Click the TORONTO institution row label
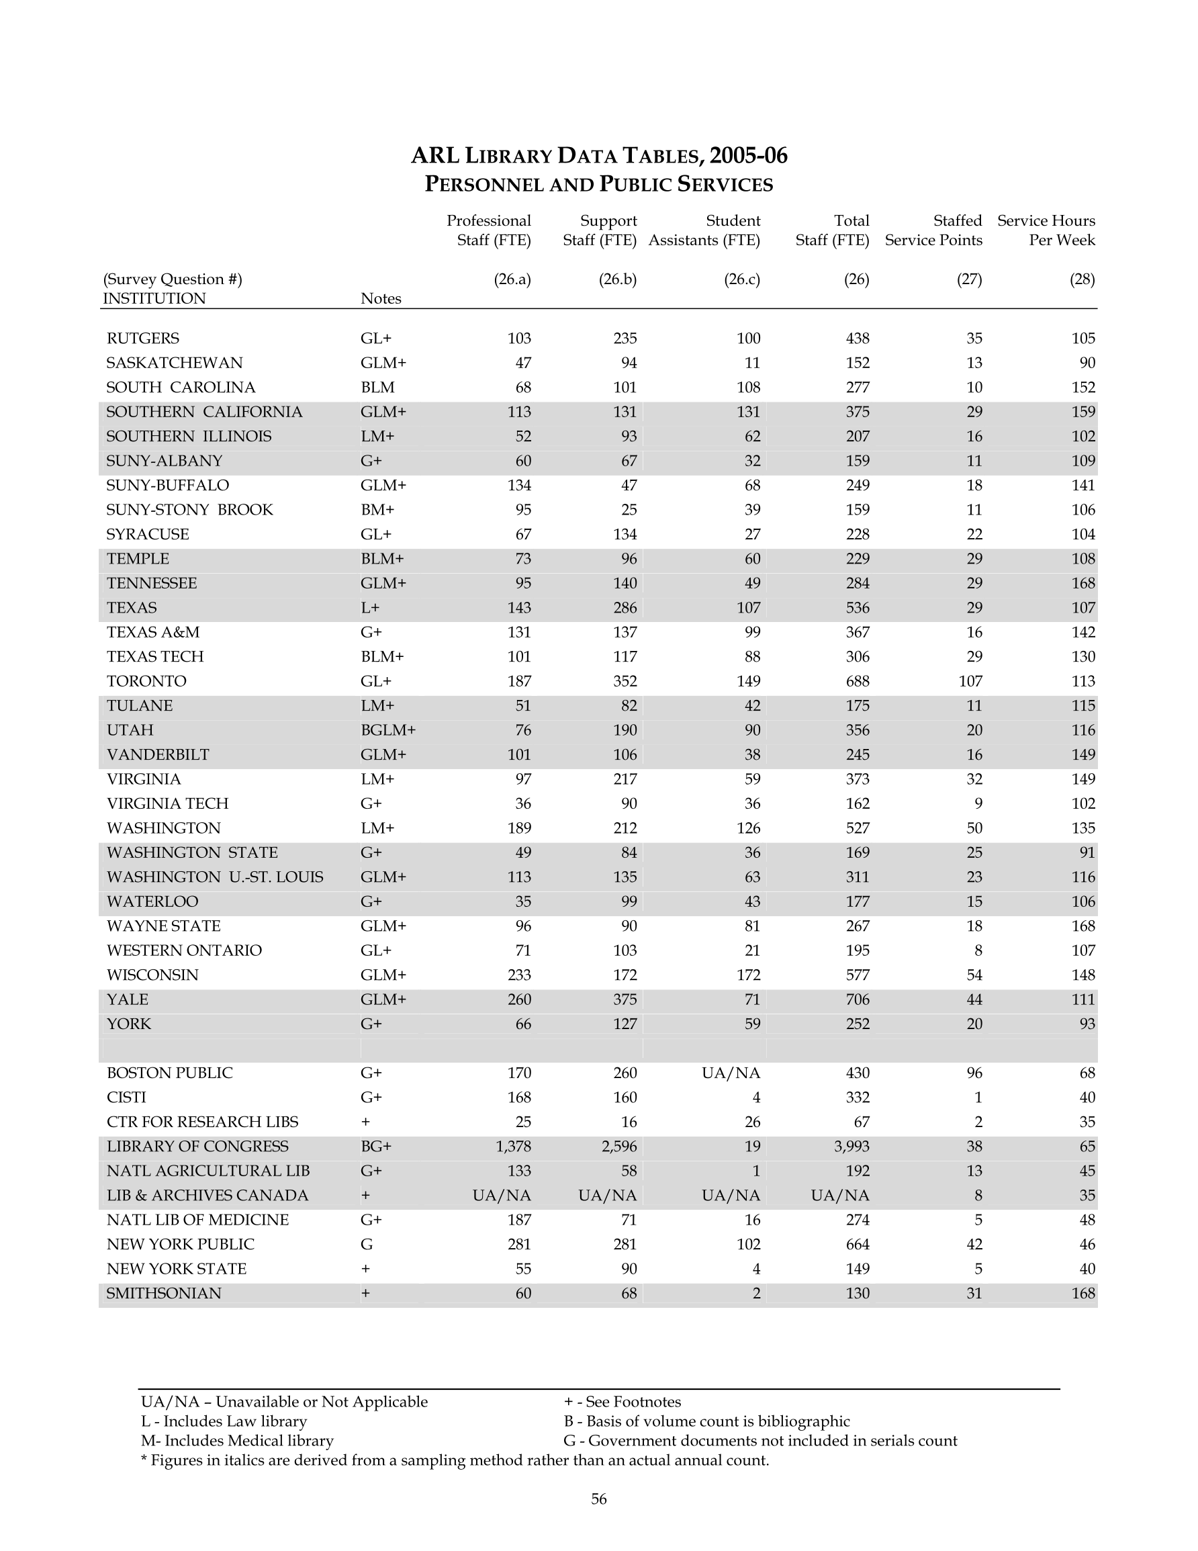pos(146,681)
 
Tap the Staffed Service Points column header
pos(933,230)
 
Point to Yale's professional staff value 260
pos(519,1000)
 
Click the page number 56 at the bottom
pos(598,1499)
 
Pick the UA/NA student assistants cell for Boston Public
pos(731,1072)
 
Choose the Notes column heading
pos(381,298)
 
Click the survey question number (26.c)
pos(742,279)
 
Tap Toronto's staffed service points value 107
pos(970,681)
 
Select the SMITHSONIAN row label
pos(164,1293)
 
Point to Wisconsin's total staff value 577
pos(857,975)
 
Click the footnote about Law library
pos(224,1421)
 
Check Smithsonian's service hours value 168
pos(1083,1293)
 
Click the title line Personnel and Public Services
pos(598,185)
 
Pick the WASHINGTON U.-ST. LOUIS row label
pos(214,877)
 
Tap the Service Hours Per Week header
pos(1046,230)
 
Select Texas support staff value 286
pos(625,608)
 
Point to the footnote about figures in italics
pos(455,1460)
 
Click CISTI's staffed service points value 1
pos(978,1097)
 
